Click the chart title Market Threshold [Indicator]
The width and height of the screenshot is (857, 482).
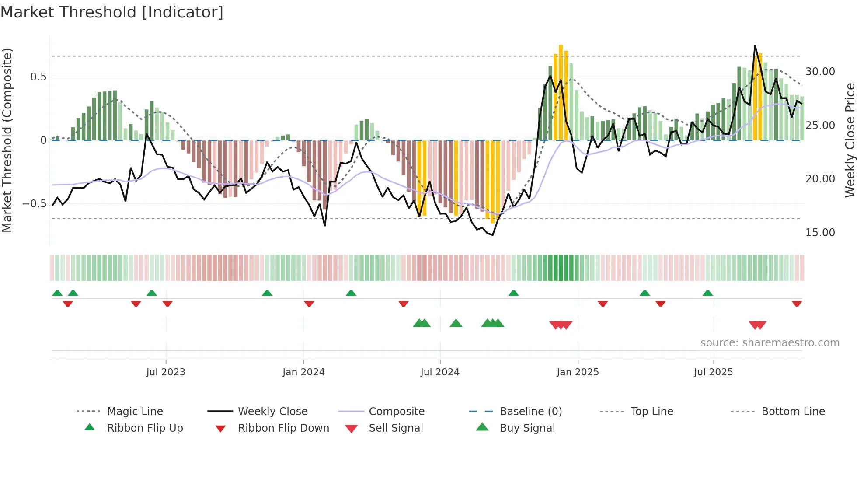[112, 12]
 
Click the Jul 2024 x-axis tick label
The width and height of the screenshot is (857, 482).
[440, 372]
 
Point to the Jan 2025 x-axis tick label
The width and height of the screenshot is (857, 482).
[578, 372]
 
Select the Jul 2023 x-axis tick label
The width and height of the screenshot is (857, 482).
[166, 372]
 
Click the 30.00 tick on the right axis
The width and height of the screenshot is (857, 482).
[820, 72]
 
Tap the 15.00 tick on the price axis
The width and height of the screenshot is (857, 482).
[820, 233]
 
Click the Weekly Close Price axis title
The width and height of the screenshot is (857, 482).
[850, 140]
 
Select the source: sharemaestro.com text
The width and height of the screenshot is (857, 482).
[770, 343]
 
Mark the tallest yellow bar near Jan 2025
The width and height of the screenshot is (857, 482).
[561, 92]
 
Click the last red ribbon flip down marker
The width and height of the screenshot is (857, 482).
[797, 304]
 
